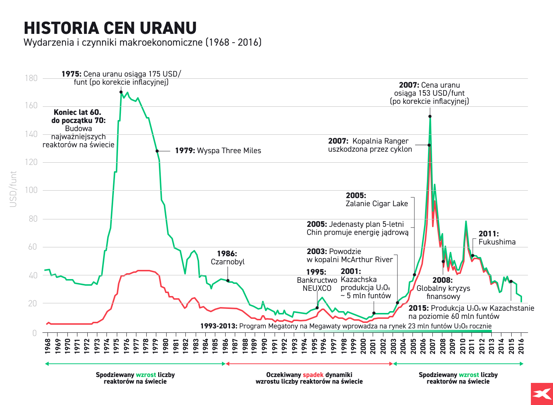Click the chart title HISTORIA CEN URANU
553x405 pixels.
click(x=110, y=28)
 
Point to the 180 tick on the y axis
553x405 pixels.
click(x=31, y=78)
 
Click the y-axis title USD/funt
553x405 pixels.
click(x=13, y=189)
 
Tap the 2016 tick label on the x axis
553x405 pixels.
click(x=521, y=346)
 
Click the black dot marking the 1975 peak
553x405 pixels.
click(x=121, y=92)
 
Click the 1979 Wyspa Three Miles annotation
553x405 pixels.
click(x=218, y=151)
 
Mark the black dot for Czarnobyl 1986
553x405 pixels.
click(x=228, y=281)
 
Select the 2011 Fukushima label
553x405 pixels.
click(x=497, y=238)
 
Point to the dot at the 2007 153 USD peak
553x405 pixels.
click(x=430, y=116)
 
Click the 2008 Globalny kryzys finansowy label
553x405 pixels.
click(x=443, y=288)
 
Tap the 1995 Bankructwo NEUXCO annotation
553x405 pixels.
click(x=317, y=280)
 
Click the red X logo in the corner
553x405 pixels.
click(x=542, y=394)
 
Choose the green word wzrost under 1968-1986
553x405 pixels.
click(x=146, y=375)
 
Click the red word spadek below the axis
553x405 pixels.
click(x=313, y=375)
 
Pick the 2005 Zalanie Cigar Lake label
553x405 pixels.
click(x=376, y=200)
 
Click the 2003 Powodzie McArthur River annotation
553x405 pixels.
click(x=349, y=256)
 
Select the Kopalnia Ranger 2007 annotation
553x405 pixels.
click(x=370, y=145)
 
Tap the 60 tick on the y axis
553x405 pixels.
click(x=33, y=247)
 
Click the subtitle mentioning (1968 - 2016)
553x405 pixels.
click(x=142, y=42)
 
